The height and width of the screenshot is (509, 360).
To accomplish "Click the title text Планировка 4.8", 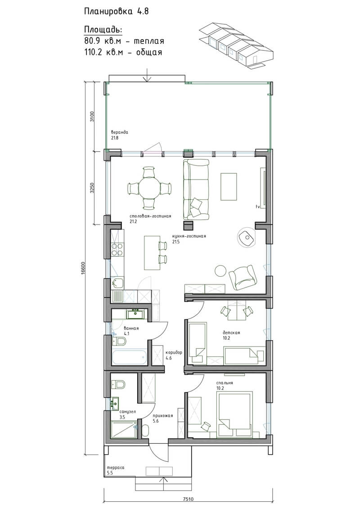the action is [116, 11].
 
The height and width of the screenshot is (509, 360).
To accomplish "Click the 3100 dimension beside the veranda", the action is [92, 116].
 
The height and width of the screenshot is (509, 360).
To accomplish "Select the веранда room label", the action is [119, 132].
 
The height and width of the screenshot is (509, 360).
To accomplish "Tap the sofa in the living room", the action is [196, 189].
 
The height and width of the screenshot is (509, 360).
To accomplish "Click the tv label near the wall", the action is [258, 207].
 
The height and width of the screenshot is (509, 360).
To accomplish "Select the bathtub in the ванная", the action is [129, 357].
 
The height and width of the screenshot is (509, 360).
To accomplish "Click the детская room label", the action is [231, 333].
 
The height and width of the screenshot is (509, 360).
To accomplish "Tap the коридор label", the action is [174, 352].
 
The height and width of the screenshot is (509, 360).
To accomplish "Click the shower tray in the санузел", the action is [124, 429].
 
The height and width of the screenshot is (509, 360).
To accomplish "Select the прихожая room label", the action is [162, 415].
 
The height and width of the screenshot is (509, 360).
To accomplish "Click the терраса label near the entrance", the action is [116, 468].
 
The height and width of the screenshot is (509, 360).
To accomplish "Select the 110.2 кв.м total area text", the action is [123, 52].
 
